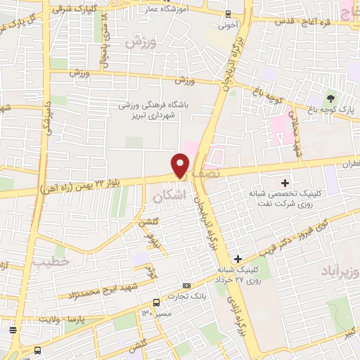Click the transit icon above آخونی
(228, 14)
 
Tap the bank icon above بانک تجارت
(186, 285)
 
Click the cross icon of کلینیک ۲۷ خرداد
(239, 259)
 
